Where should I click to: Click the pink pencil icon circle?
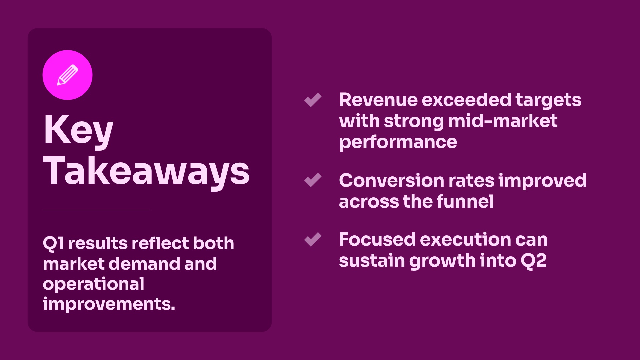point(67,75)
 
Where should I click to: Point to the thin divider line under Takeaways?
point(96,210)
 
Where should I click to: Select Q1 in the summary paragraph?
point(53,243)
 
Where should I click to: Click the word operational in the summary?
point(94,284)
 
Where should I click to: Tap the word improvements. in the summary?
point(109,304)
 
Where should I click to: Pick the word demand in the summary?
point(145,264)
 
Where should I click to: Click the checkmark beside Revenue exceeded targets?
point(313,100)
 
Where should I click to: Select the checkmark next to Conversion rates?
point(313,180)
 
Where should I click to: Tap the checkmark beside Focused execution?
point(313,239)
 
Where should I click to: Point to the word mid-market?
point(503,121)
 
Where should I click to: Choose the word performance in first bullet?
point(398,142)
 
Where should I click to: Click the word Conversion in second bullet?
point(392,180)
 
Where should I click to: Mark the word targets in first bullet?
point(548,100)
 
